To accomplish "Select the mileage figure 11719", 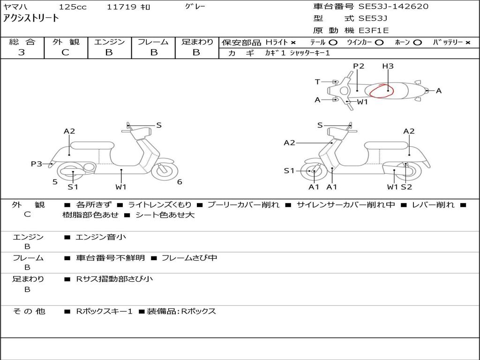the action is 121,7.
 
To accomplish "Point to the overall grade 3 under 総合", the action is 22,52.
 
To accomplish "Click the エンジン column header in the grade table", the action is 109,42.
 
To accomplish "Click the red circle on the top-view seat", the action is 381,90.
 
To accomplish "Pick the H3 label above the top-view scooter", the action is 388,66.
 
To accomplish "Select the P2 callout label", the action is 359,66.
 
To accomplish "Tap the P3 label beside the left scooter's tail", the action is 37,164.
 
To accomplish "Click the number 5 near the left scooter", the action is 55,181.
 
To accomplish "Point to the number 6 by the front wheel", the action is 179,182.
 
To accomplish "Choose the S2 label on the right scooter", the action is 406,187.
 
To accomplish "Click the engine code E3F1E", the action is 374,30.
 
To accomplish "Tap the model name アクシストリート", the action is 31,18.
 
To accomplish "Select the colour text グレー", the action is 195,7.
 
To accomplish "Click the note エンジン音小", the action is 101,237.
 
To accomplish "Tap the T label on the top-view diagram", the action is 317,82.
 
